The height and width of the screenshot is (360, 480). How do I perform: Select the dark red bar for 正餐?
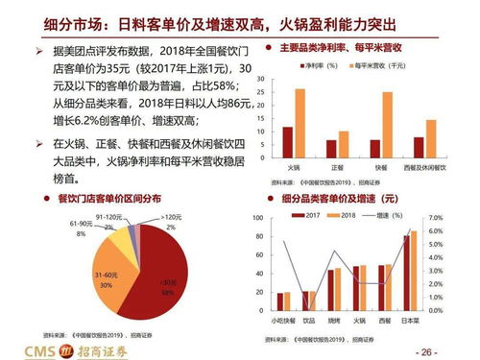point(331,148)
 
